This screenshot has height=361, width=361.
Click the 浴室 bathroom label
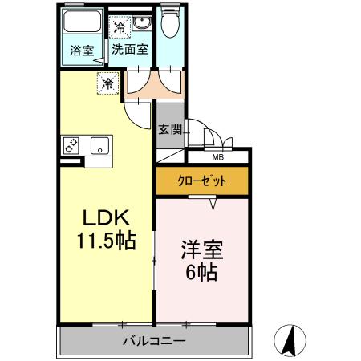82,50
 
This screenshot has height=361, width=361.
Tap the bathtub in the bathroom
82,24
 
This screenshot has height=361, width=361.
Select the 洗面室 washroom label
128,49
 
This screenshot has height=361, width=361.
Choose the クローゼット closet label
201,181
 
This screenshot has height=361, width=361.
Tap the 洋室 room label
201,249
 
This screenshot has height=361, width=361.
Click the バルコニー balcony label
154,341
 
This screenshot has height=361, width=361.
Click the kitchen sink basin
100,146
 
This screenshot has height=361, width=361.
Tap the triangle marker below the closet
213,205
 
